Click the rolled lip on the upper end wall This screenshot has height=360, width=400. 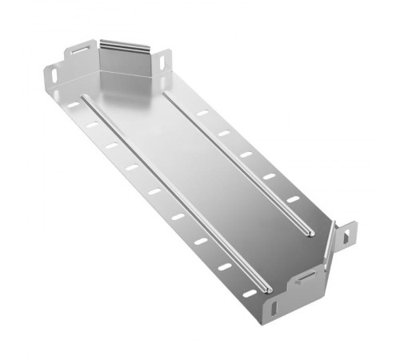pos(128,41)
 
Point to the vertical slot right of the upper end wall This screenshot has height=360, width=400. pos(165,59)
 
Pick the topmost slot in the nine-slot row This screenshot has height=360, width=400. pos(74,105)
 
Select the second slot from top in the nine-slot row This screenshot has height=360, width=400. pos(93,124)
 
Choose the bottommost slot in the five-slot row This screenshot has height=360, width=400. pos(293,198)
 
